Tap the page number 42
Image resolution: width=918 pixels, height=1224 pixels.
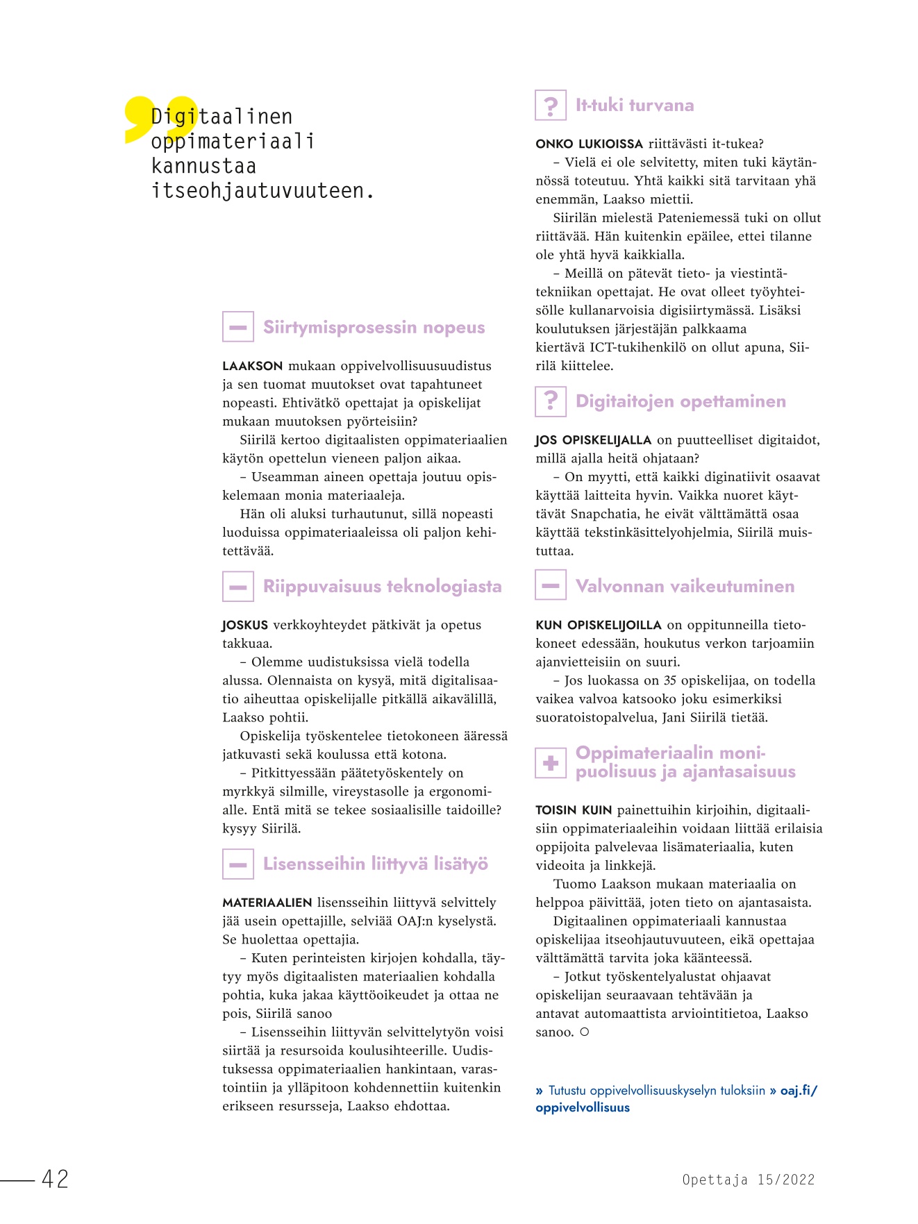[56, 1179]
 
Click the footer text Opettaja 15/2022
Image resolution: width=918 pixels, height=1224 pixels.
[748, 1180]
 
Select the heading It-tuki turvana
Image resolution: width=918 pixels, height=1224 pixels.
[635, 106]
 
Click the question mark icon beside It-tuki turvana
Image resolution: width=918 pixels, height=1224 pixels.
[551, 106]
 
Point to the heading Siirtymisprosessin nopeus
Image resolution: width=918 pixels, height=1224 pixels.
[374, 327]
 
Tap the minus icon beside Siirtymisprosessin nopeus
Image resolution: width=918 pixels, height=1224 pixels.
[237, 327]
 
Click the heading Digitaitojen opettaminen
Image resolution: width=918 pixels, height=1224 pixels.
[681, 401]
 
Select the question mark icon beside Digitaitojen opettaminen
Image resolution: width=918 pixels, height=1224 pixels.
[551, 401]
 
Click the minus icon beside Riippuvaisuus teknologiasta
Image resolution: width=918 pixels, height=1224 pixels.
[237, 587]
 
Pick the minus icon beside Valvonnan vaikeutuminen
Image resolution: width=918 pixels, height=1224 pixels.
[551, 586]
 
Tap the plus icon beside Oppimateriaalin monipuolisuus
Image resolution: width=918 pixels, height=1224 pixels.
[551, 763]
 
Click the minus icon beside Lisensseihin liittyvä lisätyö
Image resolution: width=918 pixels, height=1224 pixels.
[237, 864]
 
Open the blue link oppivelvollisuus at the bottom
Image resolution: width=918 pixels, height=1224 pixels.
[583, 1108]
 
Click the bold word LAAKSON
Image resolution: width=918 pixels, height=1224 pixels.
[253, 366]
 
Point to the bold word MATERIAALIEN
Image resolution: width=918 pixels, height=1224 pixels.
[267, 903]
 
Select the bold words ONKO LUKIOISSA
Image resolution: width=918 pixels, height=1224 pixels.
[589, 144]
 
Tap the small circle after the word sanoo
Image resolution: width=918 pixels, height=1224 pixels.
[585, 1032]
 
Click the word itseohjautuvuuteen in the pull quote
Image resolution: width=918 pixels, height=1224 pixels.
[262, 191]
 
